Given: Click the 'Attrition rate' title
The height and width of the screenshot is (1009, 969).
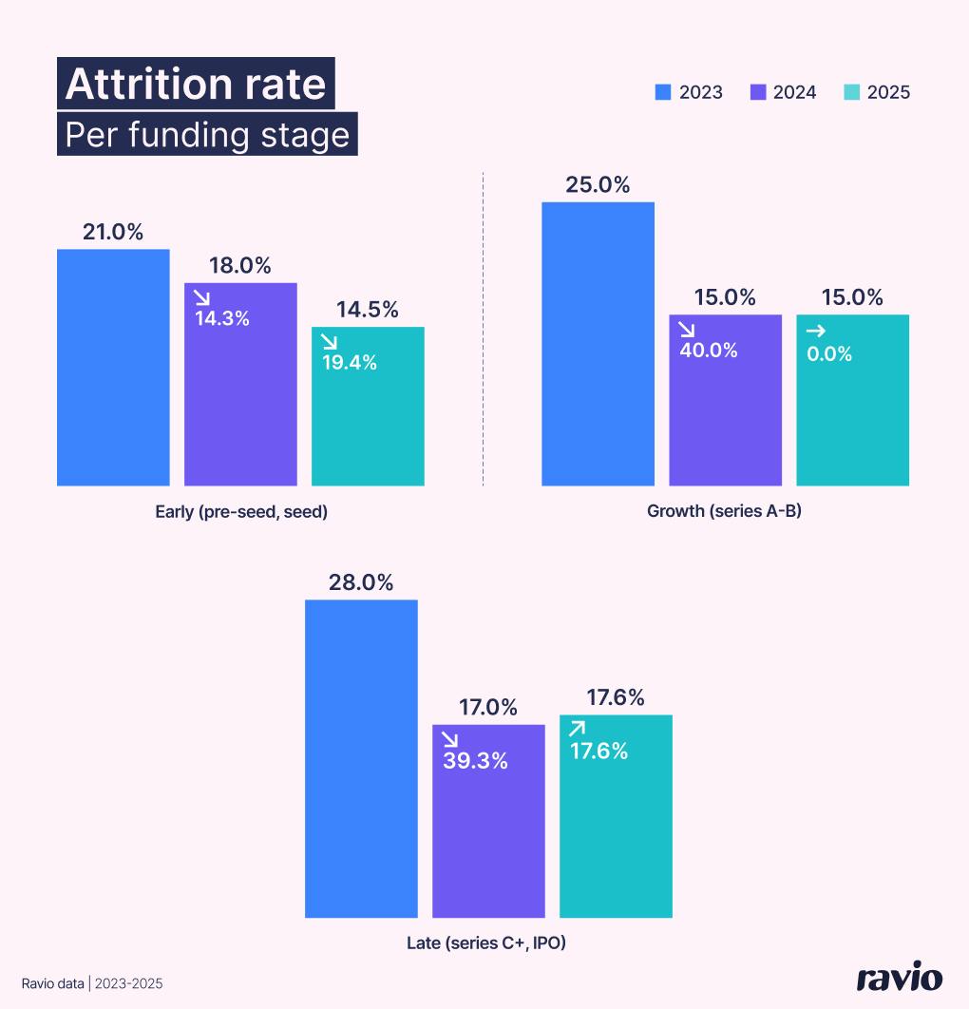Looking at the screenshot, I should tap(196, 85).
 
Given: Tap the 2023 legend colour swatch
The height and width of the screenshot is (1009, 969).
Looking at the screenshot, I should tap(663, 92).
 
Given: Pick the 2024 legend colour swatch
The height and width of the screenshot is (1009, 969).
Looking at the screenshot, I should tap(758, 92).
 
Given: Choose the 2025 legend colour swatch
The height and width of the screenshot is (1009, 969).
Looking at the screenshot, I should tap(852, 92).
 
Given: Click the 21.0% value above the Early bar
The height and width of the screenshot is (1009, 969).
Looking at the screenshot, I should tap(113, 232).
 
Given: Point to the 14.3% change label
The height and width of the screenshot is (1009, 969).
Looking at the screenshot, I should tap(222, 318).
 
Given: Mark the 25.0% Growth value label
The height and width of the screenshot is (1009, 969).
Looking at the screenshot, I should tap(598, 184).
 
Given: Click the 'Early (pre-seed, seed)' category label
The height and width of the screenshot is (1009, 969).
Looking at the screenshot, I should tap(241, 512).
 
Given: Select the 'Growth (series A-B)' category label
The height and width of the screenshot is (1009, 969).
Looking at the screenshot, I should tap(725, 512).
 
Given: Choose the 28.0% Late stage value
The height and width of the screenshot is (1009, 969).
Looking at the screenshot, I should tap(361, 582).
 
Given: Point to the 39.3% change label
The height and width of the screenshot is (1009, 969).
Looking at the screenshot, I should tap(476, 760).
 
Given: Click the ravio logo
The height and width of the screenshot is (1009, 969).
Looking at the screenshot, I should tap(899, 979).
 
